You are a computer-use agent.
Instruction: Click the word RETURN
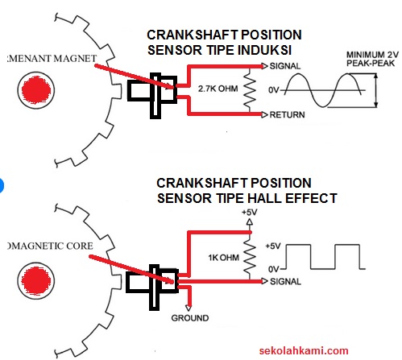(x=288, y=115)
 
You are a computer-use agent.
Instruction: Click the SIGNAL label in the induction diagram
(x=287, y=64)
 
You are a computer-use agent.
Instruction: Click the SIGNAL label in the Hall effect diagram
(x=287, y=282)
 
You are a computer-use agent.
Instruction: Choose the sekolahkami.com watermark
(x=305, y=350)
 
